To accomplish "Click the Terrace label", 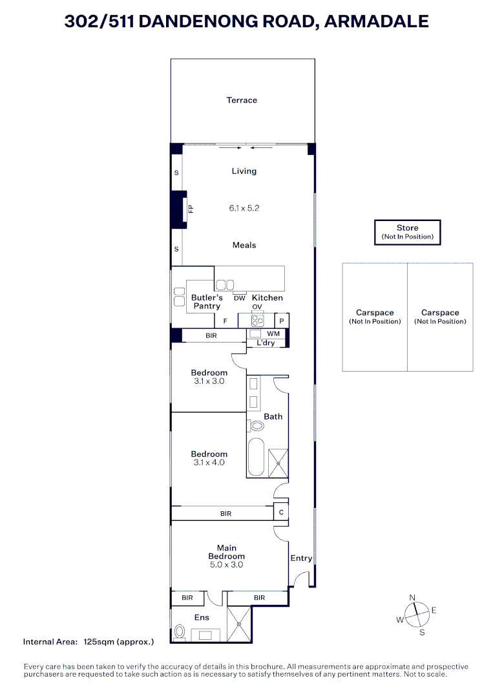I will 242,100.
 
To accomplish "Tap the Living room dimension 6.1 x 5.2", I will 244,208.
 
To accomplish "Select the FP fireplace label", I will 191,209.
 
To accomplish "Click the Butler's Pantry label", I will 207,302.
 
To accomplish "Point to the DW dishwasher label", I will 239,298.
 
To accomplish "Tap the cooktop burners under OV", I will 257,320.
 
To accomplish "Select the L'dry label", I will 266,343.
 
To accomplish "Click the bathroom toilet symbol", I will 256,426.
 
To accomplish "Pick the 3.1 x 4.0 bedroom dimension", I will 209,463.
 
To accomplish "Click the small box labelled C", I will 281,513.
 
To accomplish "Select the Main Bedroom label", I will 227,552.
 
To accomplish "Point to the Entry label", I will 301,558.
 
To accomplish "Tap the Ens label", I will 202,618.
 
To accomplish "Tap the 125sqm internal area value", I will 119,642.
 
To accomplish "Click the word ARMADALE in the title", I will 376,21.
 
